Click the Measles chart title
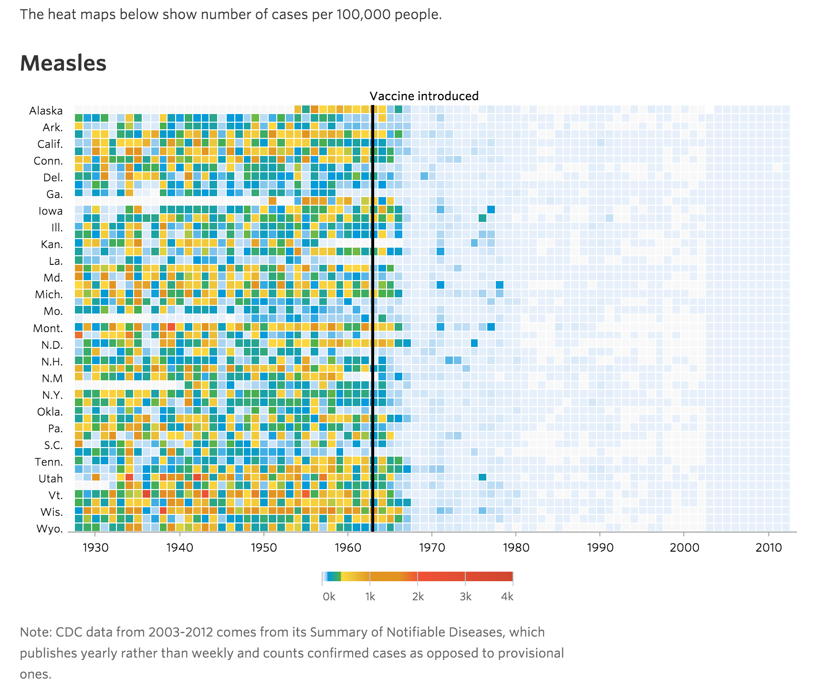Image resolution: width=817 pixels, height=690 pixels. click(63, 63)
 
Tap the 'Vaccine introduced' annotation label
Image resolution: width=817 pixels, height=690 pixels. click(424, 96)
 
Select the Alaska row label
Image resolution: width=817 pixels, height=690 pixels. click(46, 111)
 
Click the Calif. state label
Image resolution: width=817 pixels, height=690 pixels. click(50, 144)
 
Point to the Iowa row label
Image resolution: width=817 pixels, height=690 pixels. click(51, 211)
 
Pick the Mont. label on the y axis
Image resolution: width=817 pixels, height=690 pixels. click(48, 328)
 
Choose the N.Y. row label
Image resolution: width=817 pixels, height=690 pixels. click(52, 395)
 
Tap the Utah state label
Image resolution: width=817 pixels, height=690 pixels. click(51, 479)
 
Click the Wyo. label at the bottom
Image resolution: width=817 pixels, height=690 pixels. click(50, 529)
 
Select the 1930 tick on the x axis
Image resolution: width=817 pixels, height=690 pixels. click(95, 547)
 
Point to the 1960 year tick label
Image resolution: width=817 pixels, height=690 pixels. click(348, 547)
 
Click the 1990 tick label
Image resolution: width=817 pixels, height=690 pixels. click(600, 547)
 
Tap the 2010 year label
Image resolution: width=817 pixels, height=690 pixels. click(768, 547)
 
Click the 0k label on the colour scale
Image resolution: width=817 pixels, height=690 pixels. click(329, 596)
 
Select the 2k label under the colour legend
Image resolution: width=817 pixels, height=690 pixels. click(418, 596)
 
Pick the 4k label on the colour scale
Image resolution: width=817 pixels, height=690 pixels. click(507, 596)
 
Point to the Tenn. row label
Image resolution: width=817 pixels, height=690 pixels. click(49, 462)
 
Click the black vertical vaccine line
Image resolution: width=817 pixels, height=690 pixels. click(373, 315)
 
